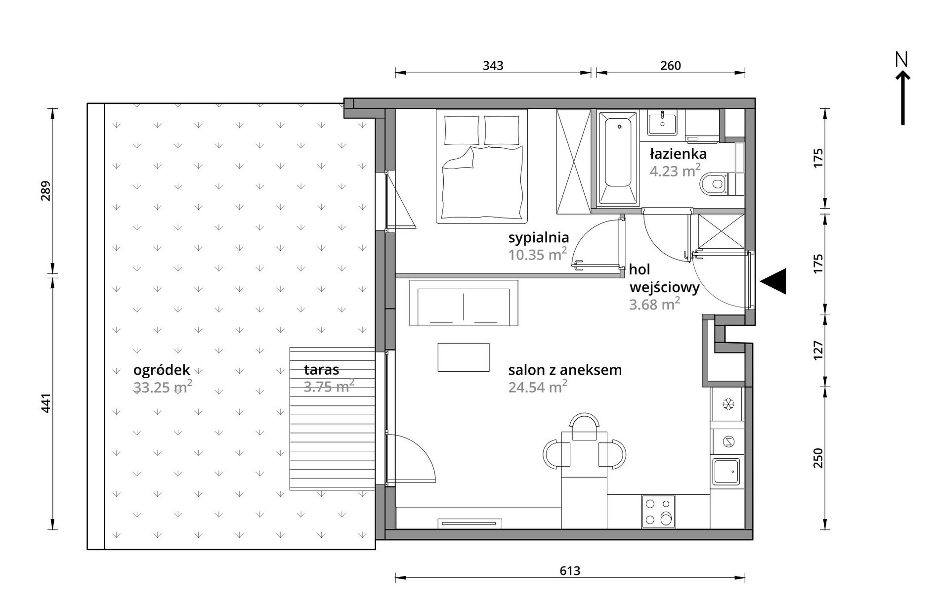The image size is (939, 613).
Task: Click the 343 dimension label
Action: [x=493, y=65]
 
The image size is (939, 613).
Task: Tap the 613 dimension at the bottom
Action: [x=570, y=571]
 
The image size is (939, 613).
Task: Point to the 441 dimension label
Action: [x=46, y=403]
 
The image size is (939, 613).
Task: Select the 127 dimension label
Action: [x=818, y=350]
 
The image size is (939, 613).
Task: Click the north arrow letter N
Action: [x=902, y=60]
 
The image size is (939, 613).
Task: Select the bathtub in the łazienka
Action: [x=618, y=158]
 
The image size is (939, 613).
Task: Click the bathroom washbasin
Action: [x=662, y=122]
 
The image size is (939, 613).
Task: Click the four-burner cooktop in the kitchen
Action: [x=658, y=512]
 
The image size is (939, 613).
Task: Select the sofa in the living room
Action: [x=464, y=303]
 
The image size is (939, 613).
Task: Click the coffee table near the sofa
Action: [x=464, y=357]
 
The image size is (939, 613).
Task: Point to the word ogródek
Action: [x=162, y=370]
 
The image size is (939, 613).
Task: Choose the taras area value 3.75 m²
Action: [x=329, y=386]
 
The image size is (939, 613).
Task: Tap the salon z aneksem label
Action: [x=565, y=370]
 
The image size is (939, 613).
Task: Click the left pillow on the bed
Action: [x=462, y=130]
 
